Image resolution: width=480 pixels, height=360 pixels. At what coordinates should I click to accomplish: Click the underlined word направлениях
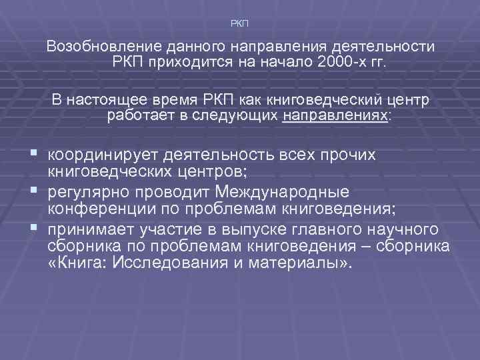[x=335, y=116]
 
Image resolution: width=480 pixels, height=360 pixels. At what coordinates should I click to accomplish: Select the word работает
[x=137, y=116]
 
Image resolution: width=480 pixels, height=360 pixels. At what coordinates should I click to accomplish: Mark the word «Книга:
[x=75, y=263]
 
